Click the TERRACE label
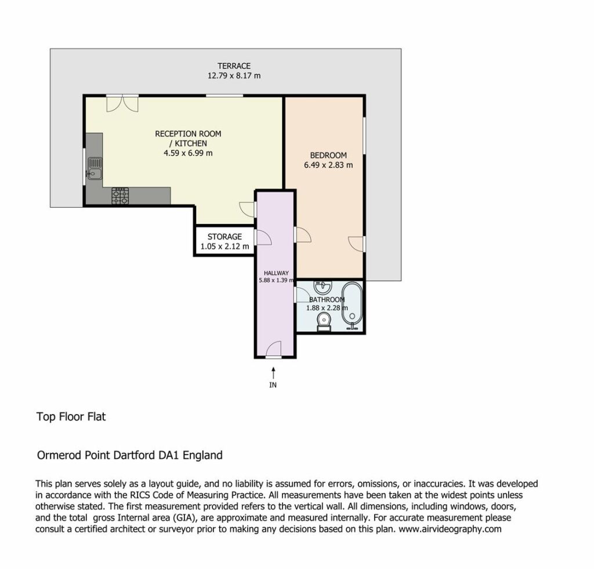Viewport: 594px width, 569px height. [234, 66]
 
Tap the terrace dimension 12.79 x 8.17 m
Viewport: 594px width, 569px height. [234, 75]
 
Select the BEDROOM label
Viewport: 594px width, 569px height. [328, 155]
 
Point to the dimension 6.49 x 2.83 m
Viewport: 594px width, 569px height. [328, 165]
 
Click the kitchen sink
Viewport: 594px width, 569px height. [95, 168]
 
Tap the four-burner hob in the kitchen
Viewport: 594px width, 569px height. [120, 196]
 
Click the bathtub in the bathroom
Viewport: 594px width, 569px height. [352, 306]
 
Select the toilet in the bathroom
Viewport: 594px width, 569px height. [324, 322]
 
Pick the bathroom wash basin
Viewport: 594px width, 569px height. [323, 287]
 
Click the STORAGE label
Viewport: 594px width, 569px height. [224, 237]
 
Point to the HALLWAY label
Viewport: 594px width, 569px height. [276, 273]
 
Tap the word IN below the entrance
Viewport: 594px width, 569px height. [273, 385]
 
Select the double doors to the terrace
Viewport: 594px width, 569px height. [122, 103]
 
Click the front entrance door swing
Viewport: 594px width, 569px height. [274, 349]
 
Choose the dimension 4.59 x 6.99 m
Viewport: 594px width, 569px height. [188, 153]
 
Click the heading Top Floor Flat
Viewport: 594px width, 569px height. [71, 416]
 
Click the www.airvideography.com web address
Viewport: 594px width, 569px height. [450, 529]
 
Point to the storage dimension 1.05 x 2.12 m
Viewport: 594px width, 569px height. [224, 247]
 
